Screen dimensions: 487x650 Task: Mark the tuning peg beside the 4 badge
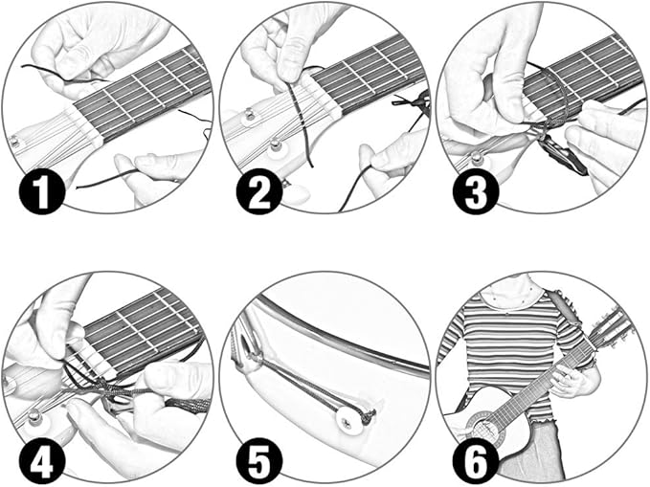35,418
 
